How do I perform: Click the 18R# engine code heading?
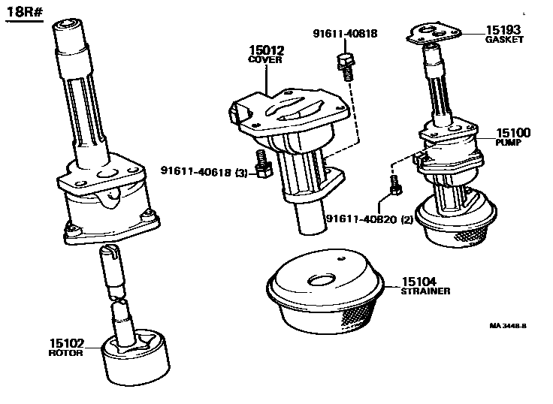(24, 11)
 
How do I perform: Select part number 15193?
(503, 30)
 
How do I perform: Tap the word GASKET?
(504, 40)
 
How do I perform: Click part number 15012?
(266, 50)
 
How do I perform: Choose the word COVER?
(265, 59)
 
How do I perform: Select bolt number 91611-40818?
(345, 34)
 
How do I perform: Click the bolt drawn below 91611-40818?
(346, 66)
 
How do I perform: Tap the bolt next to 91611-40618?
(263, 164)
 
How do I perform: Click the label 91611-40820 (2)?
(370, 219)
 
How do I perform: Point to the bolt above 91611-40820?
(395, 185)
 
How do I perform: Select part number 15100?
(513, 133)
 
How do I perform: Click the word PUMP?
(508, 143)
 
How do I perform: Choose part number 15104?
(419, 282)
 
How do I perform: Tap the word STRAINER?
(426, 291)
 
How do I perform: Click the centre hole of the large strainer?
(322, 280)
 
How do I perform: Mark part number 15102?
(67, 343)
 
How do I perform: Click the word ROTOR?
(65, 353)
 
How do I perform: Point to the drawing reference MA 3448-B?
(508, 326)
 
